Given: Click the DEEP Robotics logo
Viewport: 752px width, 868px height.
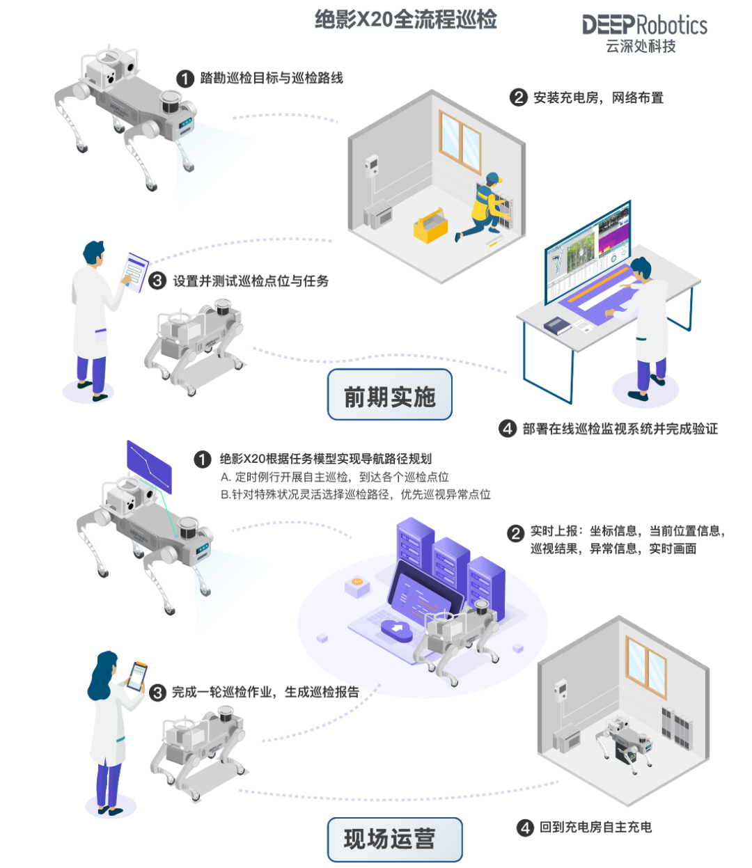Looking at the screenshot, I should (644, 32).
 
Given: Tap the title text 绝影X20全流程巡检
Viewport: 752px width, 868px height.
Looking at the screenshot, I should (406, 19).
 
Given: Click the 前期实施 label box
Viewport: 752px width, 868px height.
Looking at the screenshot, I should (389, 396).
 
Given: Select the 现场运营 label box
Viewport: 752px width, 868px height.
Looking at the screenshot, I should (394, 839).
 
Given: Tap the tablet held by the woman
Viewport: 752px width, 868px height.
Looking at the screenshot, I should (137, 675).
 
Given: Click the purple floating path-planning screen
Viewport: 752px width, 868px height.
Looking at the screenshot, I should (149, 467).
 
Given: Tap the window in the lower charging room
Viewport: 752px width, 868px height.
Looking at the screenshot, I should (646, 668).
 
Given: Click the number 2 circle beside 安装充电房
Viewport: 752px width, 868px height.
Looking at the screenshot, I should (518, 97).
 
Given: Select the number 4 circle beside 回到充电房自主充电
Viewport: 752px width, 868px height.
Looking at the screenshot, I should (526, 828).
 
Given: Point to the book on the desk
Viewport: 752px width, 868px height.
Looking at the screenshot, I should (557, 324).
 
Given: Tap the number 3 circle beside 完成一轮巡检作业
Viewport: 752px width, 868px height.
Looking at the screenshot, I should (159, 693).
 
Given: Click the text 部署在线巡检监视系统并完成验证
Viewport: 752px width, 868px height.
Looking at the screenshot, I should (620, 429).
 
